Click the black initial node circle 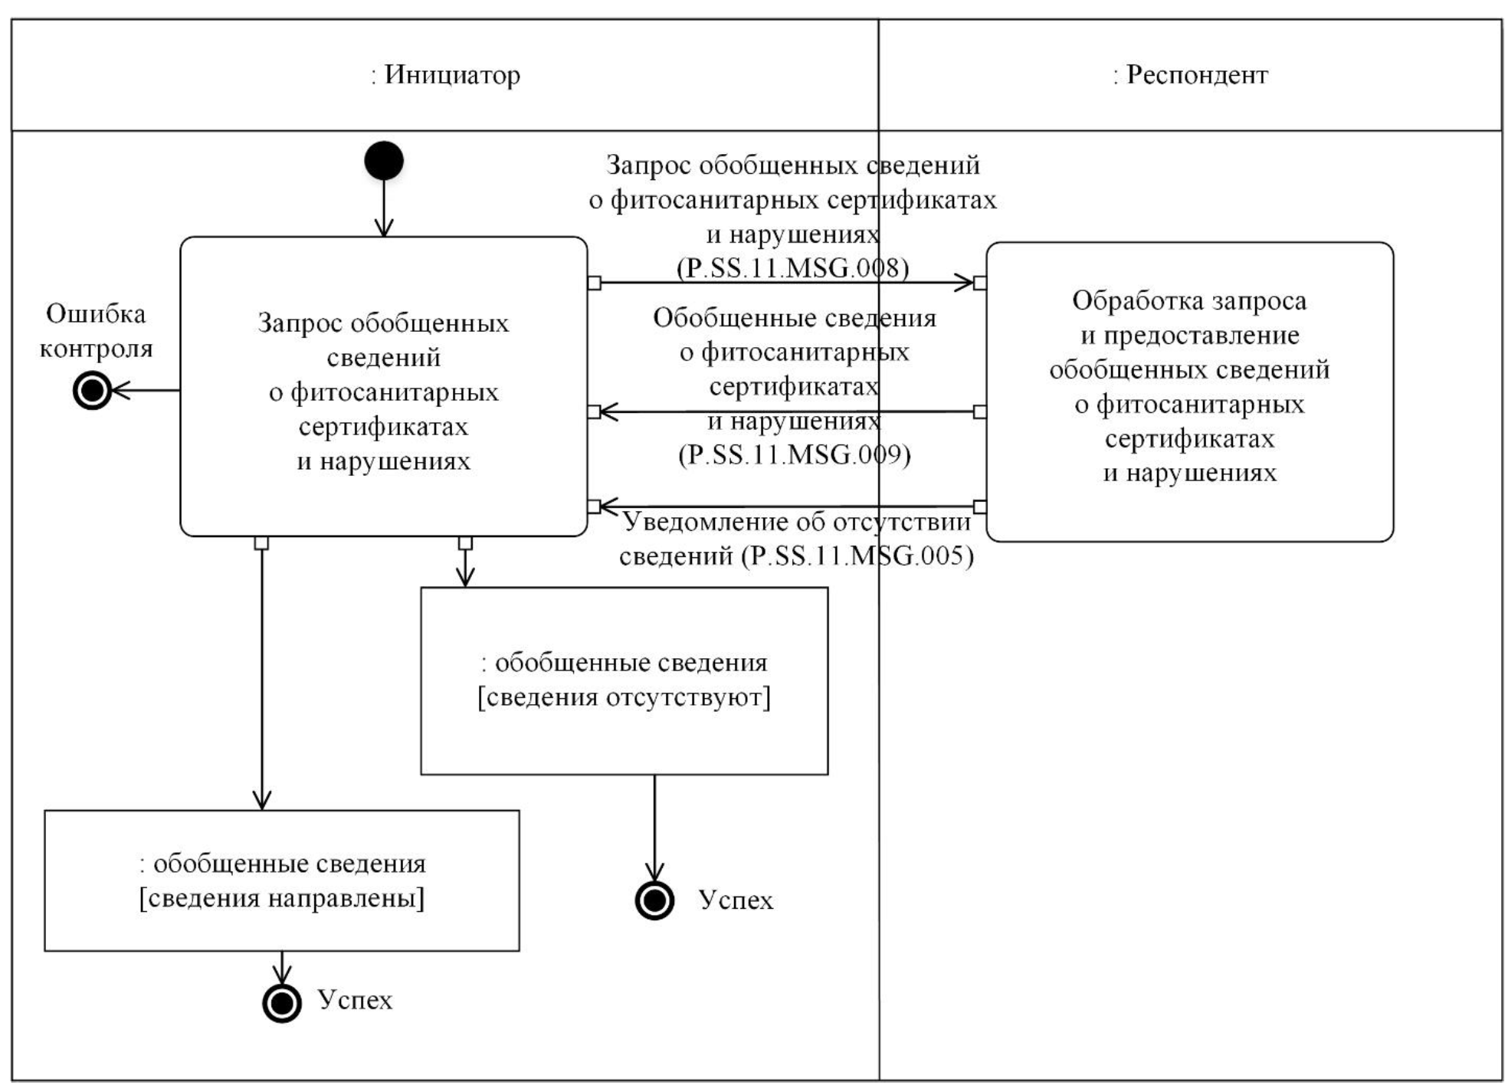pos(384,161)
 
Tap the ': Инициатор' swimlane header pos(445,75)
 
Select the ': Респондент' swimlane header pos(1190,75)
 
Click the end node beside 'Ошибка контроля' pos(92,391)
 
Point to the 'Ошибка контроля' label pos(96,331)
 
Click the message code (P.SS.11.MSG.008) pos(792,267)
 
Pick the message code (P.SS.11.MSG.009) pos(795,454)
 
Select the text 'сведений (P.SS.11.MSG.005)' pos(796,556)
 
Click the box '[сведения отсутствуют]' pos(624,680)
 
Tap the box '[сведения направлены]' pos(281,880)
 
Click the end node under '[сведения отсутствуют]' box pos(654,900)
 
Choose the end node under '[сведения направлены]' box pos(282,1002)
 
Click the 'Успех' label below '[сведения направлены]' pos(355,1000)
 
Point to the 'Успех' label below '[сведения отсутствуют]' pos(736,900)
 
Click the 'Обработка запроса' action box pos(1189,392)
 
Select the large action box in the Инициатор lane pos(383,386)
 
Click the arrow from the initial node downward pos(384,207)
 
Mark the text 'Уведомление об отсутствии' pos(796,522)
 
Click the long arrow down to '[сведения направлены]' pos(262,674)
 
